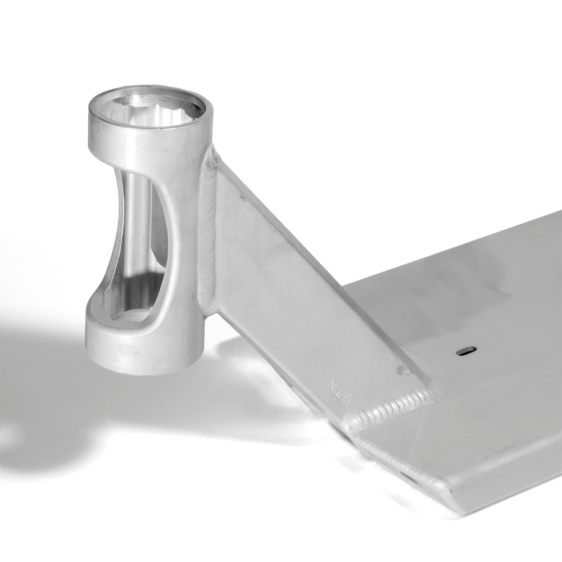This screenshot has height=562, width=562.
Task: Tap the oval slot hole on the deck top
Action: tap(466, 350)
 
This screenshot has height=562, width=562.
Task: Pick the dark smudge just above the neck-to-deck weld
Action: tap(402, 370)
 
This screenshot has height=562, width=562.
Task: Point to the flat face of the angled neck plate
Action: tap(292, 292)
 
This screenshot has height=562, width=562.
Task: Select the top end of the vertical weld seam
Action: tap(212, 152)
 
